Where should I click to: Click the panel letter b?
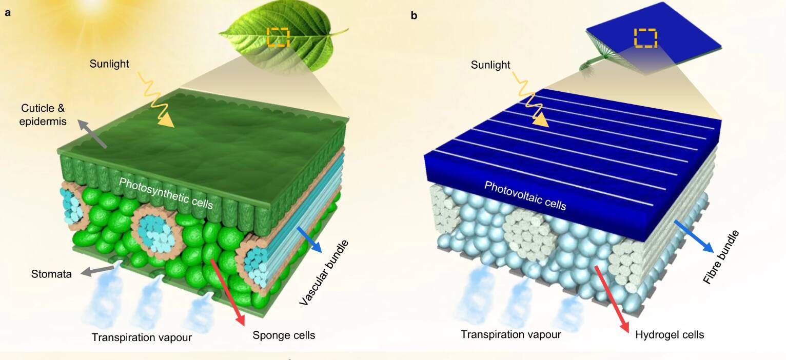[x=414, y=15]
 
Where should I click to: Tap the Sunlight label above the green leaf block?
[x=109, y=64]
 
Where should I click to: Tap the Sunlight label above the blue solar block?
[x=490, y=65]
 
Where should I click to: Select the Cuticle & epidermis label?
[x=43, y=115]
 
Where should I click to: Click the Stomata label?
[x=51, y=274]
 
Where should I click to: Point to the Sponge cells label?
[x=284, y=335]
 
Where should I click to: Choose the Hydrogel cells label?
[x=670, y=335]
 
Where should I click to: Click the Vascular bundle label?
[x=324, y=273]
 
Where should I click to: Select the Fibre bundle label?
[x=721, y=257]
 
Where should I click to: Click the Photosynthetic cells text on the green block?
[x=166, y=193]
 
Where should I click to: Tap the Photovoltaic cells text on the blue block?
[x=525, y=196]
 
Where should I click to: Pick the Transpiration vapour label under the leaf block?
[x=142, y=337]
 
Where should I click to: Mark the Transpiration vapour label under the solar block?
[x=510, y=334]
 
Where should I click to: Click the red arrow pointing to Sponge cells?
[x=227, y=292]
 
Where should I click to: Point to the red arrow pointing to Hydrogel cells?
[x=611, y=299]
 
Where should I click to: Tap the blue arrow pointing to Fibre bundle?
[x=694, y=236]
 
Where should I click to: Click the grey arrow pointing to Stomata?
[x=97, y=271]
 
